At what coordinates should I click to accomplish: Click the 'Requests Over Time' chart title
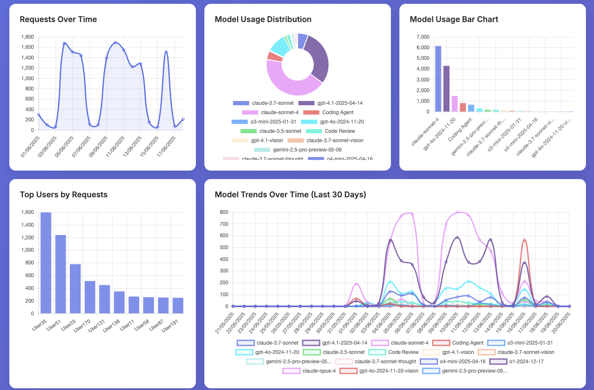pos(58,20)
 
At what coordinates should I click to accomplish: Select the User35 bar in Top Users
pos(46,263)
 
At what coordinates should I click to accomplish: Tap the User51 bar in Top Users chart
pos(61,274)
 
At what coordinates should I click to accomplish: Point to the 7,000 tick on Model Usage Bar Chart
pos(423,37)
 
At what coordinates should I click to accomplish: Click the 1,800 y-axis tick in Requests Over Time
pos(28,37)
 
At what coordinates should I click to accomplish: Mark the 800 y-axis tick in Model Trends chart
pos(224,212)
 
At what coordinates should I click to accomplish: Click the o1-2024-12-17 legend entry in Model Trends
pos(526,362)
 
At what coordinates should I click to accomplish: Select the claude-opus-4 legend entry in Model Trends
pos(318,371)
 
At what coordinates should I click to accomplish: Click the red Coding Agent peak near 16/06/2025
pos(524,241)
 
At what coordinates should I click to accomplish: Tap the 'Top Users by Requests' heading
pos(64,195)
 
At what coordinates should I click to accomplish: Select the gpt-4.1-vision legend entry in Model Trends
pos(457,352)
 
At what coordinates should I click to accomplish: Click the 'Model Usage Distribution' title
pos(263,20)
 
